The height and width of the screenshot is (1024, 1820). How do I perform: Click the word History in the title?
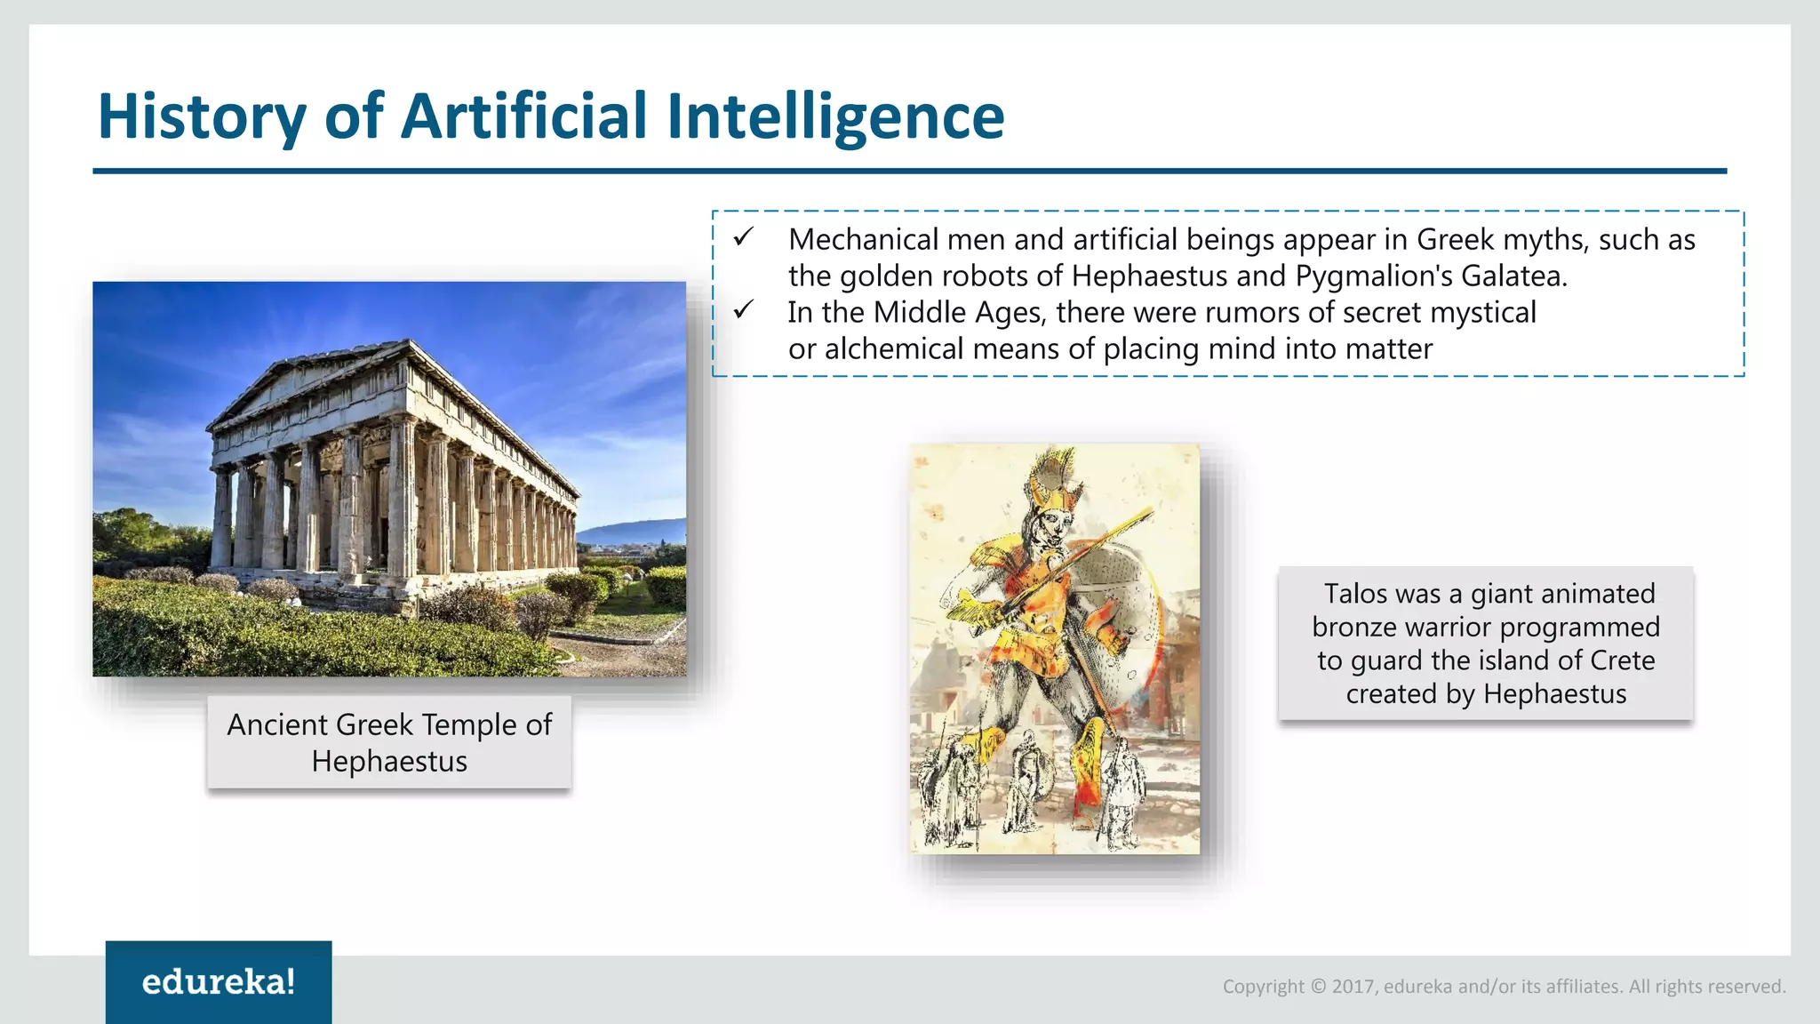pos(202,116)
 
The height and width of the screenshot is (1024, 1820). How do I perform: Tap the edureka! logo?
pos(219,981)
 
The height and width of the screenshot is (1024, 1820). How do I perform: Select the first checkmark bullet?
pos(743,237)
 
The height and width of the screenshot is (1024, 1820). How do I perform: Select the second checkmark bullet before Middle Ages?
pos(743,310)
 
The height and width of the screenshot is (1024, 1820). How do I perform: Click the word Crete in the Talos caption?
pos(1622,660)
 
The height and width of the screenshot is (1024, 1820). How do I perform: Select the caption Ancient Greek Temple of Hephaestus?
pos(389,742)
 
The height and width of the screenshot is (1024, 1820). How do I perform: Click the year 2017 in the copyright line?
pos(1353,987)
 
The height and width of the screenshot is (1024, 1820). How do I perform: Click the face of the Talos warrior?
pos(1053,530)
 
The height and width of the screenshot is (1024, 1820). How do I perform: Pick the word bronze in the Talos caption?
pos(1356,628)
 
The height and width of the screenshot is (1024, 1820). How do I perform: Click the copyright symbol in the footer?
pos(1319,987)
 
